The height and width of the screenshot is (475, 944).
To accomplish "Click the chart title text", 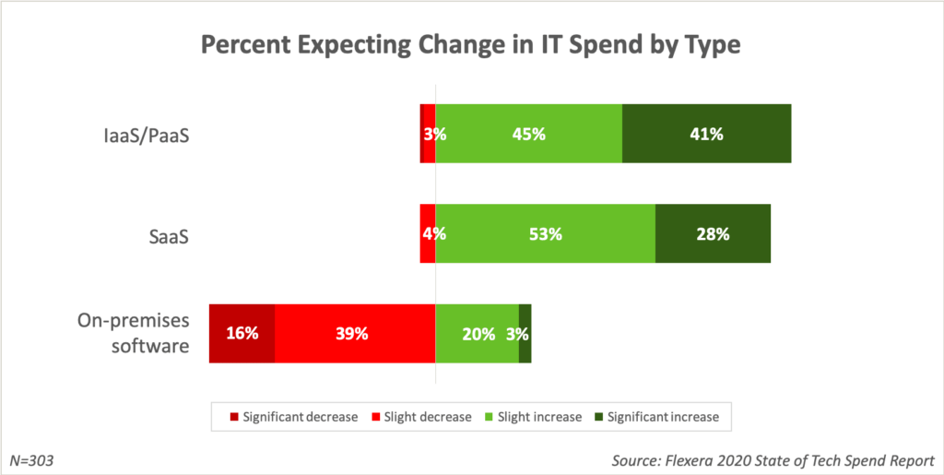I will [x=472, y=45].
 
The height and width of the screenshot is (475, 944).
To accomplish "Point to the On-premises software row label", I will [x=134, y=333].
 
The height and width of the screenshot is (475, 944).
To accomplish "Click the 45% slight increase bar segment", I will [x=529, y=134].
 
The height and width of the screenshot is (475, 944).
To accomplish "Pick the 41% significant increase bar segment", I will [x=707, y=134].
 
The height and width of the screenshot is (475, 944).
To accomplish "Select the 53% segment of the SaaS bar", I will [x=545, y=234].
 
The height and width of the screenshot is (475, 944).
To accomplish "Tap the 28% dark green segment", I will [x=713, y=234].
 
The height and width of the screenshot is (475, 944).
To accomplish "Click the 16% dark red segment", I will [x=242, y=333].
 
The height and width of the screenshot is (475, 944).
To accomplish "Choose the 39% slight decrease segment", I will [x=355, y=333].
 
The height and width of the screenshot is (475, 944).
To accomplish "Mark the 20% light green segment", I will [x=478, y=333].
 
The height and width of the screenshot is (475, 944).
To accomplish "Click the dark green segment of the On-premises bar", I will [x=525, y=333].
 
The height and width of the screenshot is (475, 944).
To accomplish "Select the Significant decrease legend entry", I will [x=294, y=417].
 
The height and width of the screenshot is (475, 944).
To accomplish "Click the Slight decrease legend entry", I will [x=419, y=417].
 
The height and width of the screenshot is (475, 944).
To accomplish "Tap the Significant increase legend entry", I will [x=654, y=417].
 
